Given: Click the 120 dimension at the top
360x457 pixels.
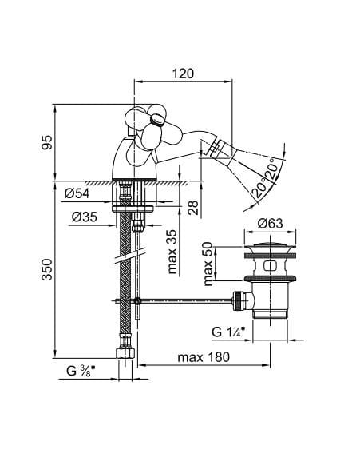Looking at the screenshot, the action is click(x=183, y=74).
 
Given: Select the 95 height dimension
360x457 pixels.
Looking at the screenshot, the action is click(x=47, y=142).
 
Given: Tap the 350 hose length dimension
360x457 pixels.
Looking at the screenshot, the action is click(x=47, y=269).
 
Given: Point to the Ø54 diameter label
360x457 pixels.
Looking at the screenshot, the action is click(x=77, y=193).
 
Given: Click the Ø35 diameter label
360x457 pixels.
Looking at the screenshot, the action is click(x=85, y=217).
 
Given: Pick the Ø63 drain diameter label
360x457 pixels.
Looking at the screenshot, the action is click(x=270, y=224).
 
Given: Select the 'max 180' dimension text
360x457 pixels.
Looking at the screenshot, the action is click(x=204, y=357).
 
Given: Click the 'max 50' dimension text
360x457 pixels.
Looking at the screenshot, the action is click(x=208, y=264).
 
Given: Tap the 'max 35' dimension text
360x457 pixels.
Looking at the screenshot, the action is click(x=172, y=252).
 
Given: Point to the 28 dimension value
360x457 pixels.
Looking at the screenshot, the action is click(x=193, y=208).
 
